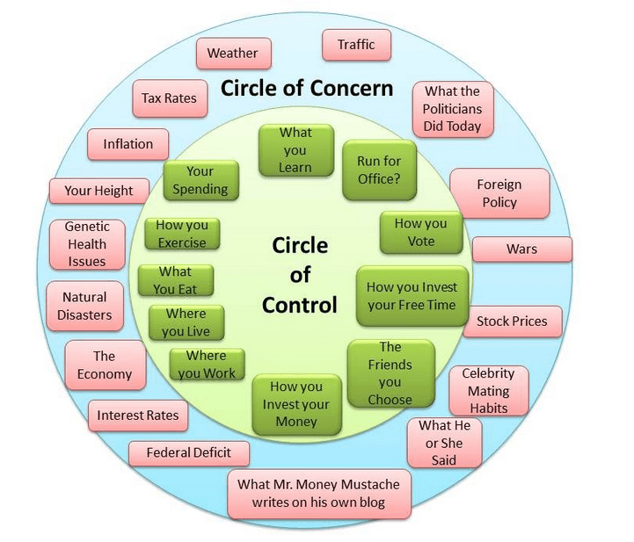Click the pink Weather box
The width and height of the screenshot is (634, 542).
tap(232, 54)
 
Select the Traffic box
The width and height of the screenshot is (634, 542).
tap(356, 45)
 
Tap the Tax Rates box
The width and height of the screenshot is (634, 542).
tap(170, 99)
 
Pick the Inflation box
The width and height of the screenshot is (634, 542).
tap(128, 144)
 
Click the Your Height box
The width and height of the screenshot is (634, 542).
tap(98, 191)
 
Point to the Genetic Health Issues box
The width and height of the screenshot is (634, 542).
tap(87, 244)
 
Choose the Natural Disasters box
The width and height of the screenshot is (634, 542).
tap(85, 306)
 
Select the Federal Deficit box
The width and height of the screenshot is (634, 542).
tap(189, 453)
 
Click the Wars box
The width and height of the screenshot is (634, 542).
tap(521, 249)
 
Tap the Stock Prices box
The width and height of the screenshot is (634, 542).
tap(512, 322)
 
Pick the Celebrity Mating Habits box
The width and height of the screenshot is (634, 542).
tap(488, 391)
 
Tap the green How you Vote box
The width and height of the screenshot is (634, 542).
tap(420, 233)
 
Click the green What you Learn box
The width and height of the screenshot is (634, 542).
tap(295, 150)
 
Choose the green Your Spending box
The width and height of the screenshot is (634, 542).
tap(200, 180)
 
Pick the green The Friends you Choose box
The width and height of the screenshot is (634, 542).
tap(390, 373)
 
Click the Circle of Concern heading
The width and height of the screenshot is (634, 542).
tap(306, 90)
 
